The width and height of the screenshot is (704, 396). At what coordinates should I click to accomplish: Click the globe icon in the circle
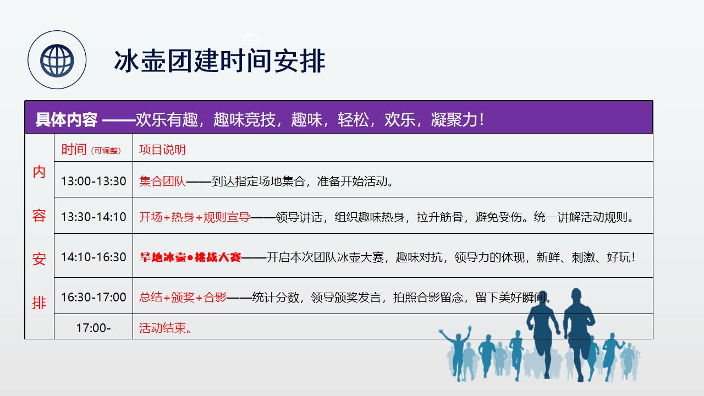point(57,61)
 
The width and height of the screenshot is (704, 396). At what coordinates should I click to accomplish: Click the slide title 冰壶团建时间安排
point(219,61)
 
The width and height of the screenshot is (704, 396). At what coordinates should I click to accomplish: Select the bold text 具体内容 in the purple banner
point(67,120)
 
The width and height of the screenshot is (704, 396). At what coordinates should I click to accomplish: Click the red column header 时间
point(74,149)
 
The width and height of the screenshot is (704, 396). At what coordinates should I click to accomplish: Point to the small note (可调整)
point(106,151)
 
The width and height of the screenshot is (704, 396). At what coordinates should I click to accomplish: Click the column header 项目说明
point(162,150)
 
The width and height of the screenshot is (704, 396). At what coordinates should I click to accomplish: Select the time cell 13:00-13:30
point(94,181)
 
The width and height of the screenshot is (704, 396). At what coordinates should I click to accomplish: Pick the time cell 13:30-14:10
point(94,217)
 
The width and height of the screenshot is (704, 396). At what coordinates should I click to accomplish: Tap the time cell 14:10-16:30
point(94,257)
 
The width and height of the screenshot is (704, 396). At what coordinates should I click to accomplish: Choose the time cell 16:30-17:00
point(94,297)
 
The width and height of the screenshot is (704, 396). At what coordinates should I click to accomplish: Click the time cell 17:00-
point(94,328)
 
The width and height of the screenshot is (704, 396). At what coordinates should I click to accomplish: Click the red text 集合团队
point(162,182)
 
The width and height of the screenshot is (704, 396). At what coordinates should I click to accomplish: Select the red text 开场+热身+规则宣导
point(195,217)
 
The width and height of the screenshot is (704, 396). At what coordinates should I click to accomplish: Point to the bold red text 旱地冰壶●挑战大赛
point(190,257)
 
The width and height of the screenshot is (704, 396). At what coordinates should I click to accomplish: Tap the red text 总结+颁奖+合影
point(183,298)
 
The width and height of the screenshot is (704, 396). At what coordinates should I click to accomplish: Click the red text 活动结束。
point(166,328)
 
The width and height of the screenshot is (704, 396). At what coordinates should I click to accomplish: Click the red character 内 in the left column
point(39,172)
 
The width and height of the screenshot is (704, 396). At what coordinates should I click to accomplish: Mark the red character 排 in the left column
point(39,302)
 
